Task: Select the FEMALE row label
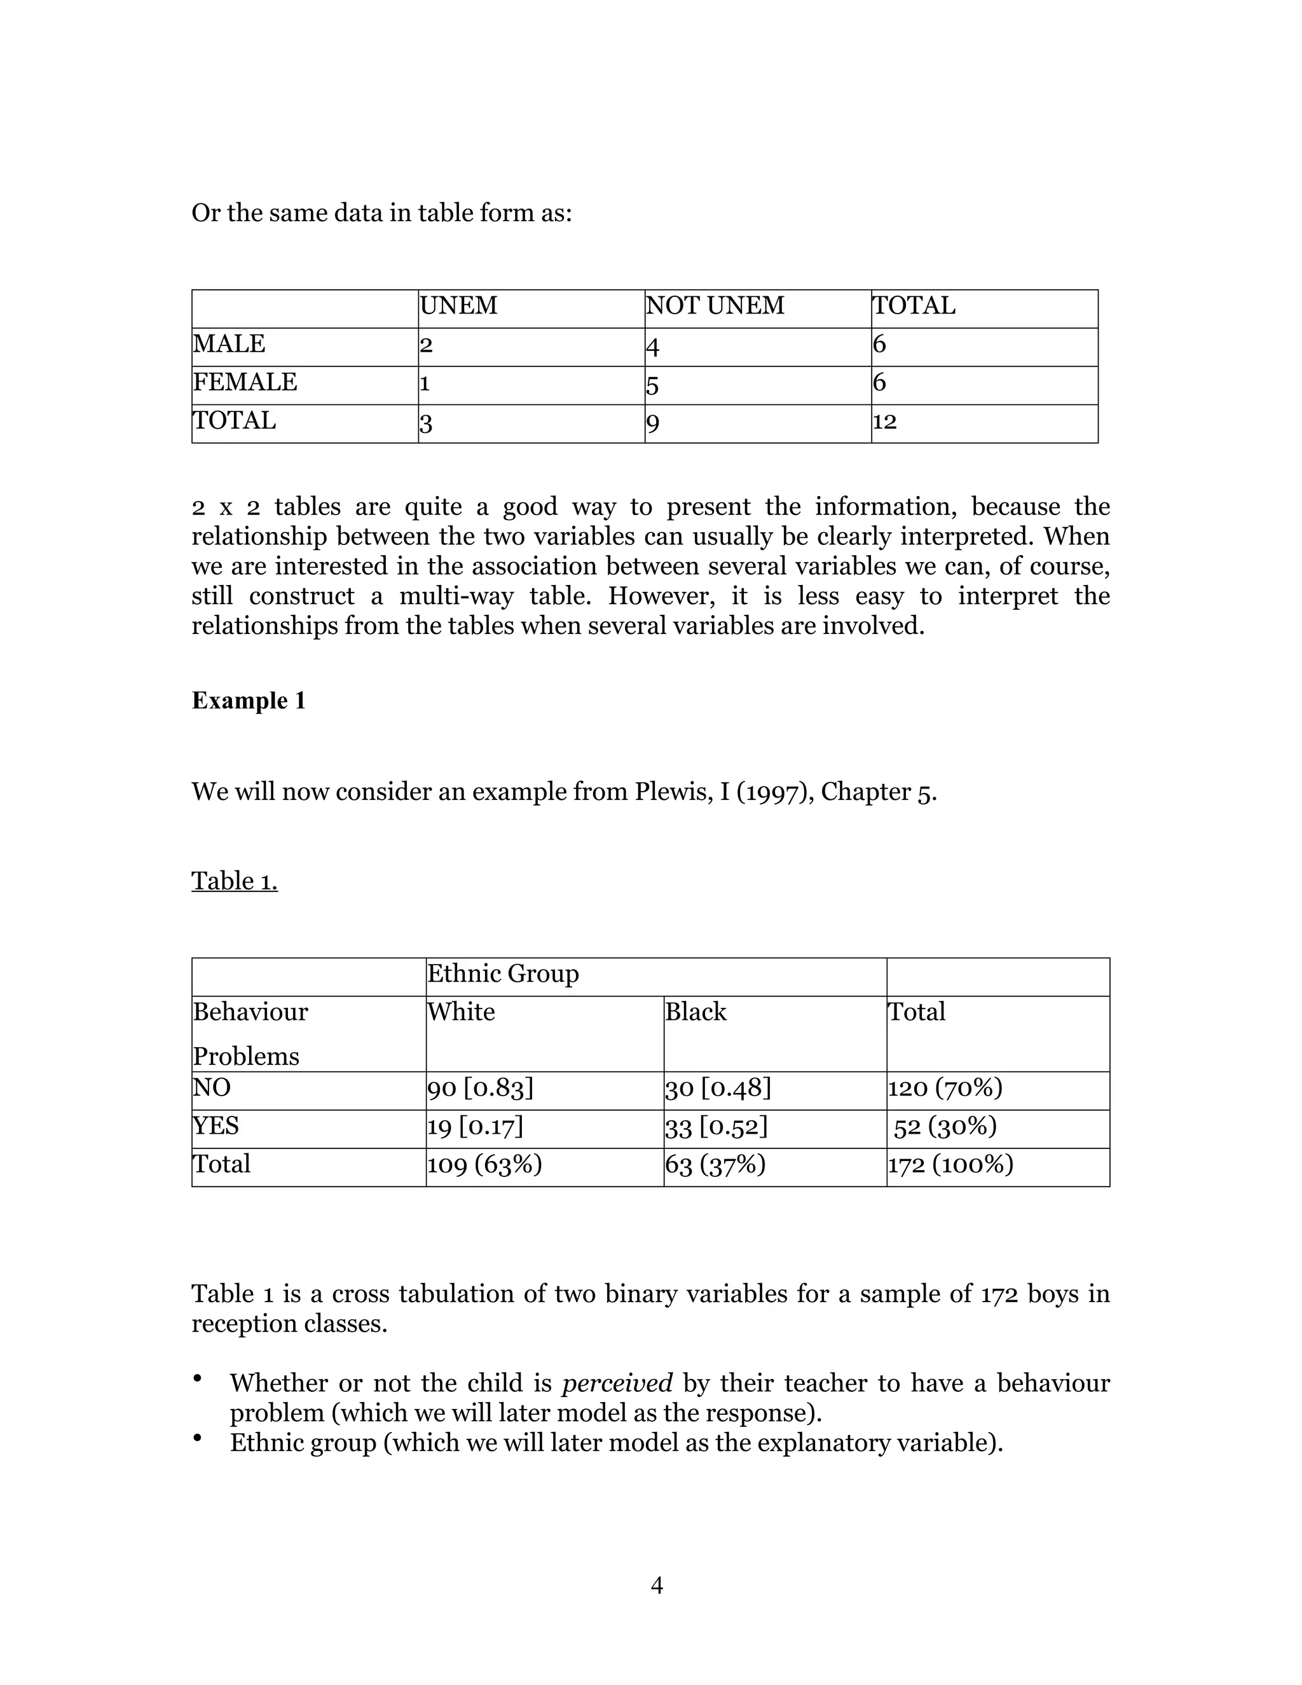(x=245, y=382)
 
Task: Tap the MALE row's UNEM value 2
(x=426, y=345)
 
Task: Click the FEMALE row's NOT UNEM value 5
(x=652, y=384)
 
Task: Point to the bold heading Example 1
(x=249, y=701)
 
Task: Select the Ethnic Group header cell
(x=503, y=973)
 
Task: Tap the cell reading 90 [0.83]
(x=481, y=1088)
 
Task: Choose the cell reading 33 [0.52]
(x=716, y=1127)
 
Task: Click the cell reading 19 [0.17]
(x=475, y=1127)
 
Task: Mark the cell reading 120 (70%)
(x=945, y=1088)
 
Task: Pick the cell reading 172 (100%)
(x=950, y=1164)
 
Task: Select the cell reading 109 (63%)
(x=484, y=1164)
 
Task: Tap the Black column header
(x=696, y=1012)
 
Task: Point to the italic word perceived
(x=617, y=1384)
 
